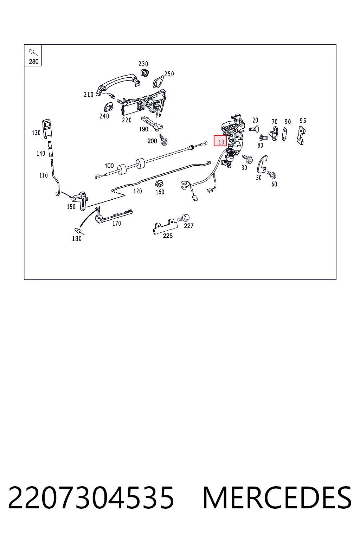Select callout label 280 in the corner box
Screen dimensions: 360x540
[33, 62]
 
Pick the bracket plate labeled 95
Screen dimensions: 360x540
[301, 135]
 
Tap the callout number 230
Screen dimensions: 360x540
[143, 64]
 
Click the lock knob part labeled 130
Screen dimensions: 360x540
[47, 129]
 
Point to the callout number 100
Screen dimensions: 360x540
[109, 166]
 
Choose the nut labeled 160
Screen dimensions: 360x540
[159, 184]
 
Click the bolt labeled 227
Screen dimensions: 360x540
[184, 218]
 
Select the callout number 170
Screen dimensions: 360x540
[117, 224]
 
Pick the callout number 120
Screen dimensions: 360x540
[138, 191]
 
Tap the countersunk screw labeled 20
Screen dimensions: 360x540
[254, 129]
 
